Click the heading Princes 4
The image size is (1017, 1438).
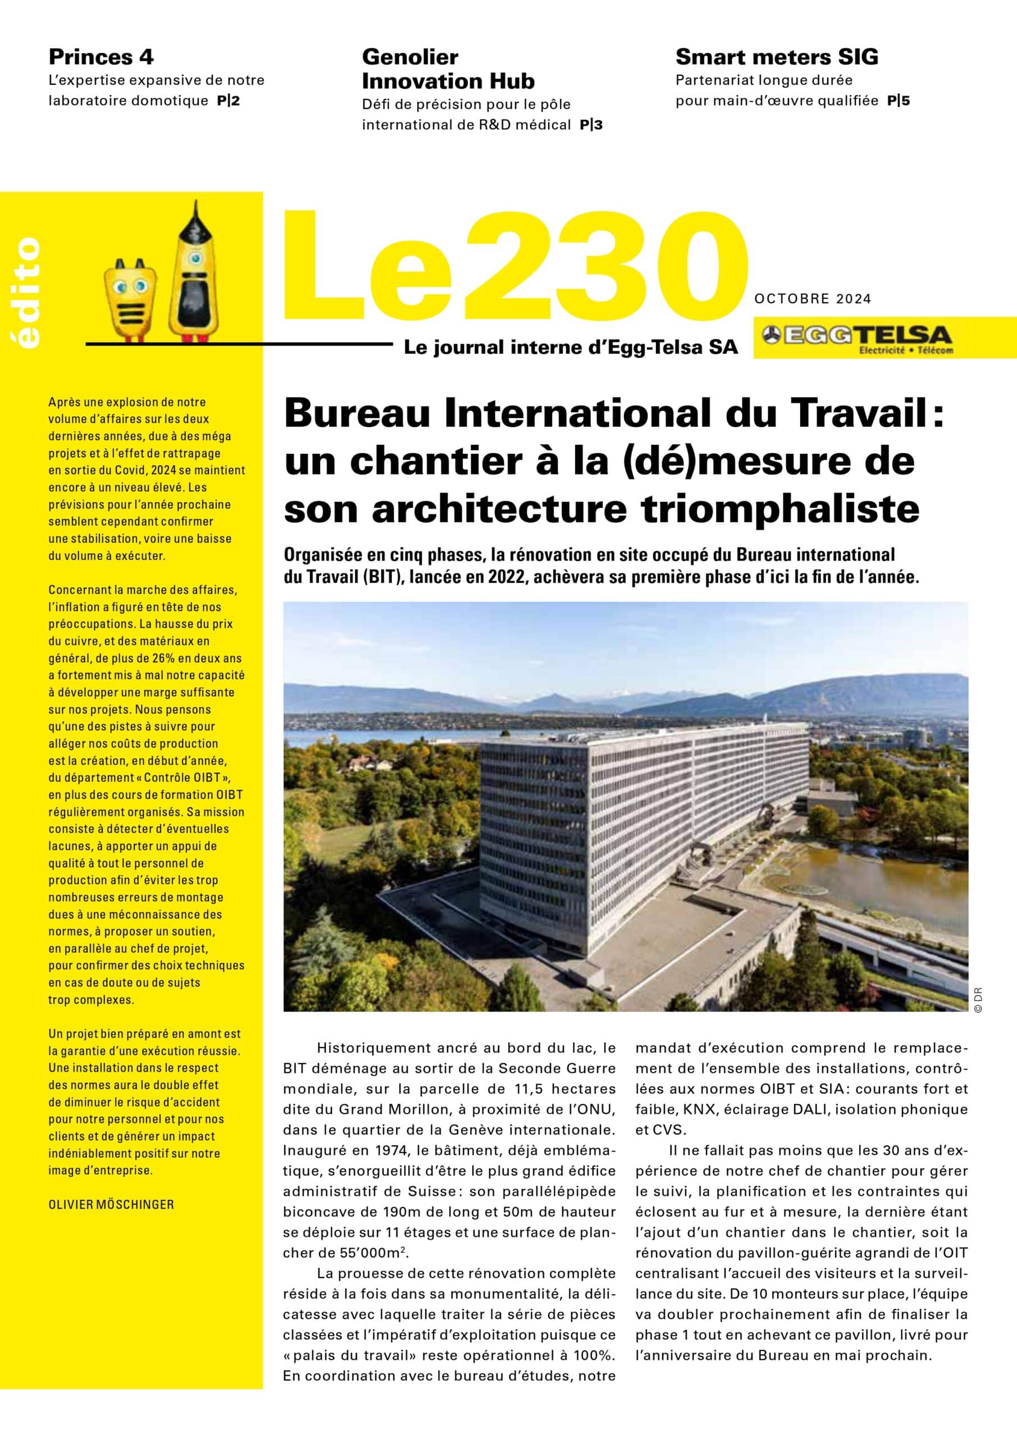pyautogui.click(x=101, y=57)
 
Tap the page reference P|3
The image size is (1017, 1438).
pyautogui.click(x=591, y=125)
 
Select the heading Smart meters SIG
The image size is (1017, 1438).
pyautogui.click(x=777, y=57)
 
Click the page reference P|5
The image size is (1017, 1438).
pyautogui.click(x=898, y=100)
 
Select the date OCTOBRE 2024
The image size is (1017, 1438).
pyautogui.click(x=812, y=299)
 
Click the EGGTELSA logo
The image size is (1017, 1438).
pyautogui.click(x=859, y=339)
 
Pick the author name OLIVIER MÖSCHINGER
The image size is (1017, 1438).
pyautogui.click(x=111, y=1204)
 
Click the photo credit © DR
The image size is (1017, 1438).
pyautogui.click(x=978, y=1000)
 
